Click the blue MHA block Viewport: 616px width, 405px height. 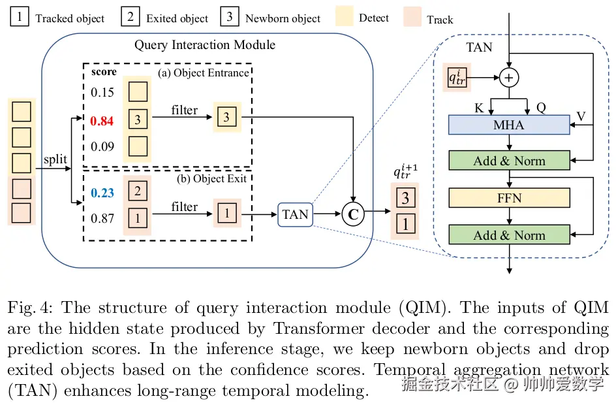pyautogui.click(x=509, y=124)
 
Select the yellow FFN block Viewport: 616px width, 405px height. pyautogui.click(x=509, y=198)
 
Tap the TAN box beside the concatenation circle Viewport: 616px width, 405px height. pyautogui.click(x=295, y=214)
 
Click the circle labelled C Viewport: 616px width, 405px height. pyautogui.click(x=353, y=214)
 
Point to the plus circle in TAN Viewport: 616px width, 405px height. pyautogui.click(x=509, y=77)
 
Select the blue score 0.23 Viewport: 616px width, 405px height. pyautogui.click(x=102, y=193)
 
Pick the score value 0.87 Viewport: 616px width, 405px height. pyautogui.click(x=102, y=218)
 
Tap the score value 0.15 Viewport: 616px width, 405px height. pyautogui.click(x=102, y=93)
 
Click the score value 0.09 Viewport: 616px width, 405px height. pyautogui.click(x=102, y=145)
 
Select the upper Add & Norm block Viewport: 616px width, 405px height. pyautogui.click(x=509, y=161)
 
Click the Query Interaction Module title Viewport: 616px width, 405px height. pyautogui.click(x=205, y=45)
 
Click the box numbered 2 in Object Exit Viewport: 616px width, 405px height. pyautogui.click(x=138, y=191)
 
